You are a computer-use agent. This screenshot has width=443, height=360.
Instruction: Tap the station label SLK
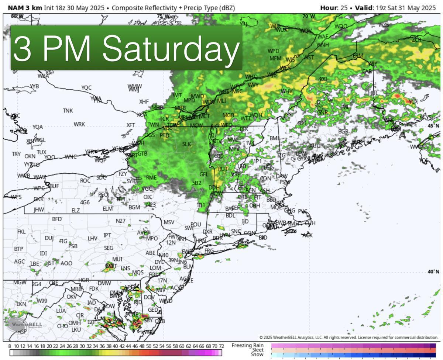point(186,144)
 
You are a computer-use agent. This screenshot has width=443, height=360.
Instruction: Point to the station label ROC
point(85,181)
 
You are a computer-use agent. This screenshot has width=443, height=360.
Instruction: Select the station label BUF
point(54,186)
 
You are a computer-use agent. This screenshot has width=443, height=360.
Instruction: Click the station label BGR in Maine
point(343,131)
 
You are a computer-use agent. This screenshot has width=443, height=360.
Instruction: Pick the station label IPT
point(107,235)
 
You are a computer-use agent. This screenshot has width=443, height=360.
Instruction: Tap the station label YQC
point(86,88)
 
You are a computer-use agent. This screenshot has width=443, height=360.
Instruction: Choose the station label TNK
point(68,111)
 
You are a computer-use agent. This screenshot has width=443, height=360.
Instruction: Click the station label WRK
point(79,124)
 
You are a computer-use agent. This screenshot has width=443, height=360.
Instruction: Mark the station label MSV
point(169,222)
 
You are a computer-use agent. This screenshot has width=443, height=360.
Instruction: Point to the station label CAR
point(367,71)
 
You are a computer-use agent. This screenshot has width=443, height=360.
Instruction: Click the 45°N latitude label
point(433,126)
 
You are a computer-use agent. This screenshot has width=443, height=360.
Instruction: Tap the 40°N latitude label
point(433,272)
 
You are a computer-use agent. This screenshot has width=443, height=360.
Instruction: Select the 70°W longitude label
point(309,16)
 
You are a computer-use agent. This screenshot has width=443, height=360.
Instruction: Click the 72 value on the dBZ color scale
point(221,346)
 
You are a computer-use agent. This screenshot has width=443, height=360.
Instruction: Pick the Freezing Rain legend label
point(247,345)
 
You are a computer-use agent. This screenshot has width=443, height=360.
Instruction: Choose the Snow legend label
point(257,354)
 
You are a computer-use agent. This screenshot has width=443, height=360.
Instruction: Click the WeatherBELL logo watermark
point(24,325)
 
